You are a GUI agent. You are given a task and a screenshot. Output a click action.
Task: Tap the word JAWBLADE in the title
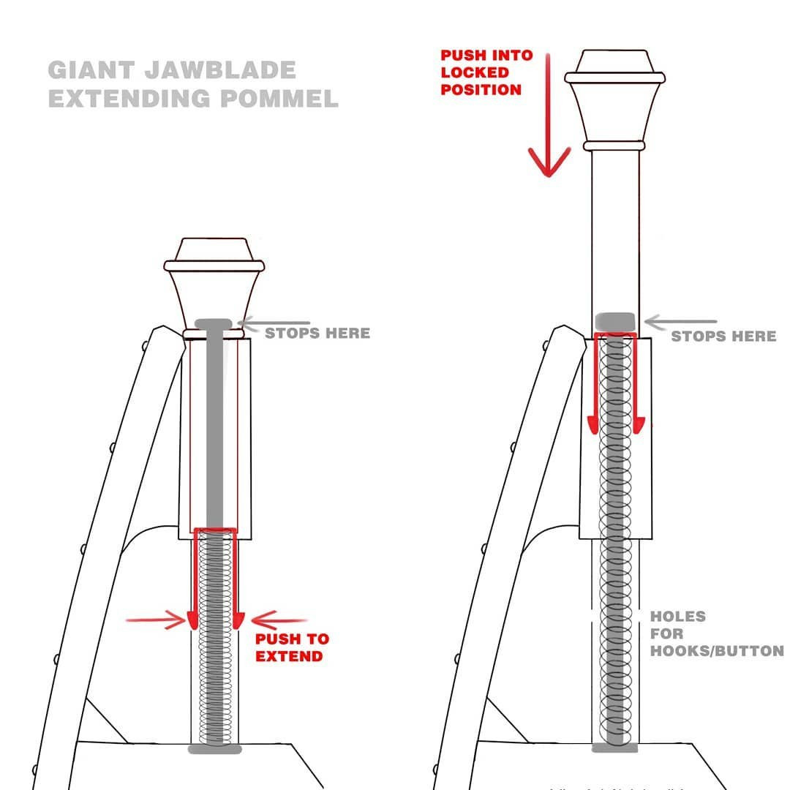click(x=220, y=70)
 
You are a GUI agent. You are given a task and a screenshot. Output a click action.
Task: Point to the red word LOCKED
click(x=475, y=72)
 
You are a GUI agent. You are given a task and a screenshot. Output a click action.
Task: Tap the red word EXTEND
click(x=289, y=656)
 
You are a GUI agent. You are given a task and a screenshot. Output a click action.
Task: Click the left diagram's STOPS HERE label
click(x=317, y=334)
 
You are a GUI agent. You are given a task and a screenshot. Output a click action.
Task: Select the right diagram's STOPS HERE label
click(x=723, y=336)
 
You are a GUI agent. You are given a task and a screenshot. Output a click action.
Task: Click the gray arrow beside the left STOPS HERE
click(x=274, y=323)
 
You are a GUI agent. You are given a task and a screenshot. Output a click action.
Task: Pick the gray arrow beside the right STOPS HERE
click(x=680, y=321)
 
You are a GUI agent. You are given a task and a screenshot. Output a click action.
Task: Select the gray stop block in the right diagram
click(x=614, y=321)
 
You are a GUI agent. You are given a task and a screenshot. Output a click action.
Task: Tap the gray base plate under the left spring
click(x=215, y=749)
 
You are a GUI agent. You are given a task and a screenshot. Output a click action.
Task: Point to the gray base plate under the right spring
click(x=614, y=748)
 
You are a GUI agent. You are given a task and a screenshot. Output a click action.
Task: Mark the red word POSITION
click(x=481, y=89)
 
